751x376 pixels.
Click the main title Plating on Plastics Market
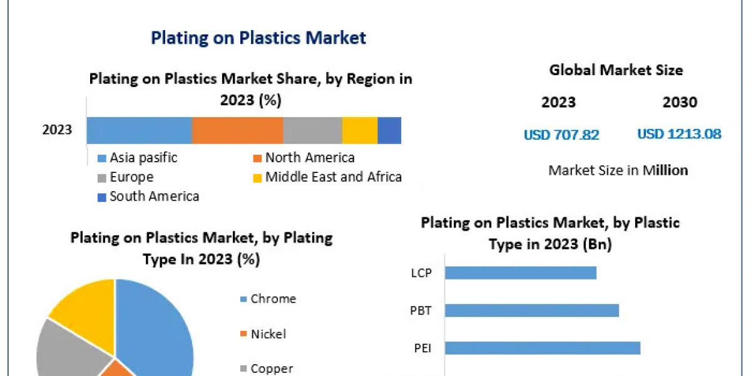(258, 38)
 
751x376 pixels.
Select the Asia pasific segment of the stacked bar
(139, 130)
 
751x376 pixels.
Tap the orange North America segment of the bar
(237, 130)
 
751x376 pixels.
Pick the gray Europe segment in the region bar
(312, 130)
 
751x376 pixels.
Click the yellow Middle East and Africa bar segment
(360, 130)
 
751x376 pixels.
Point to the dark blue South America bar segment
(389, 130)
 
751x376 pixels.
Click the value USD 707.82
(561, 134)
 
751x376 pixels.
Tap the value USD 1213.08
(679, 134)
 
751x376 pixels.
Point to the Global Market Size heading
(616, 70)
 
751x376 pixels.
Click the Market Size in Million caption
(618, 170)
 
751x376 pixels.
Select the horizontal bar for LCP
(520, 273)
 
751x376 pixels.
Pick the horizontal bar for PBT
(531, 310)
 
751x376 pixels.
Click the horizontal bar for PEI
(542, 348)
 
